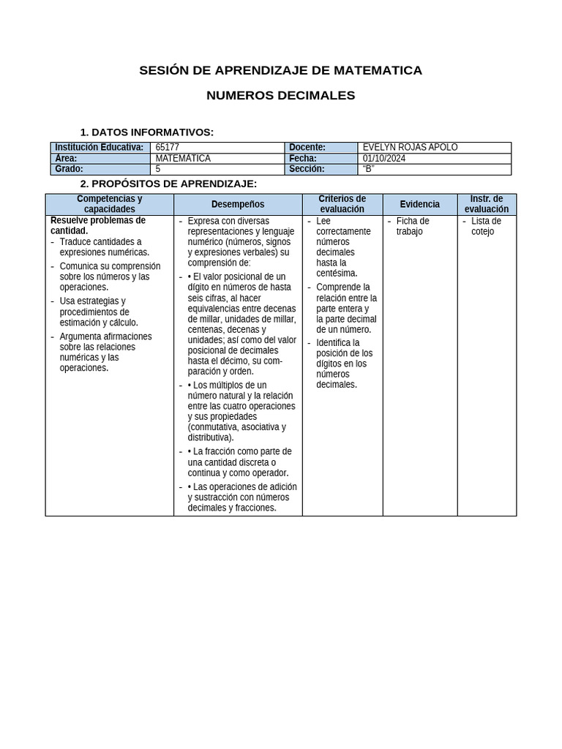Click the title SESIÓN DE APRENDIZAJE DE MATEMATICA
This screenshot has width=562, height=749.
point(280,70)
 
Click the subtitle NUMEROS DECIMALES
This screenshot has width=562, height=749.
point(280,95)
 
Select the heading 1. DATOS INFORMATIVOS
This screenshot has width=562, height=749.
point(146,132)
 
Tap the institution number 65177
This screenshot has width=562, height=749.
point(168,147)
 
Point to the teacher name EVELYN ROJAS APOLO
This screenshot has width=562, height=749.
point(410,147)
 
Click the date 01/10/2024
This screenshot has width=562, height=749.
point(383,158)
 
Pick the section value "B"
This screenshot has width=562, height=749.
point(368,169)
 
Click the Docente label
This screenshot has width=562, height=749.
point(307,147)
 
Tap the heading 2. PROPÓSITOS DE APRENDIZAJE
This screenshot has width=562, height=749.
point(168,184)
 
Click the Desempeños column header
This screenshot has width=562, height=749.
point(238,204)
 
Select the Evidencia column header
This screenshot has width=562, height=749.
point(420,204)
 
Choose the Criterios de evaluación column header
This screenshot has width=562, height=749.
point(342,204)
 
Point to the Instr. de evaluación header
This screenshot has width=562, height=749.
point(487,204)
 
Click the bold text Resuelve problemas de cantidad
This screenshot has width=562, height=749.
point(97,225)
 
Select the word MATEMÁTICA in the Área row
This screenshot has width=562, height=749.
point(183,158)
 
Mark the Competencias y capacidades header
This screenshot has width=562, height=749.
point(110,204)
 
